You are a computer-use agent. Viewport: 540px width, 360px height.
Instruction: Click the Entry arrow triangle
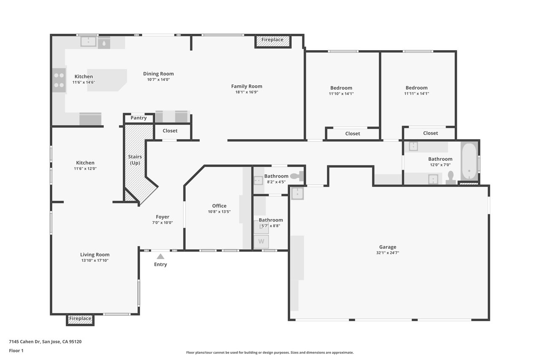(160, 256)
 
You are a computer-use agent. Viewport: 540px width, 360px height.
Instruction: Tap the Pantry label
(139, 118)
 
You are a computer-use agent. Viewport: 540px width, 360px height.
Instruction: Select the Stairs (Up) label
(135, 160)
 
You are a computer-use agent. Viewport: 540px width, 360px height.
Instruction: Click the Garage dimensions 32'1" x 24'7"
(388, 253)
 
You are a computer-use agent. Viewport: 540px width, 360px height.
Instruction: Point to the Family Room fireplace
(273, 41)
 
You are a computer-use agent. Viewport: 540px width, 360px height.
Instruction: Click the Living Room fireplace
(80, 320)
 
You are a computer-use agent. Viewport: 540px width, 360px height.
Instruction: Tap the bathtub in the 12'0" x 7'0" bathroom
(469, 161)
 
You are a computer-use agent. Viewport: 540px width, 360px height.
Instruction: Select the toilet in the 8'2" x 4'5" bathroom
(297, 176)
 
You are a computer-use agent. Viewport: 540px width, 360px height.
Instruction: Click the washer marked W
(261, 241)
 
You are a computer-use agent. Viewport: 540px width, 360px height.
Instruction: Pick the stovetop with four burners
(59, 80)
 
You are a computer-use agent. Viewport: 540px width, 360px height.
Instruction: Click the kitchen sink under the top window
(88, 42)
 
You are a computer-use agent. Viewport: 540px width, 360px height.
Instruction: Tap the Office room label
(219, 206)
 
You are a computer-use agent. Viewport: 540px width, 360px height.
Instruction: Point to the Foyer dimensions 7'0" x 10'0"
(162, 222)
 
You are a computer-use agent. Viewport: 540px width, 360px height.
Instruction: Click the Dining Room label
(158, 74)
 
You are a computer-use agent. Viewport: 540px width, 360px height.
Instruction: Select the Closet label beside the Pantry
(170, 131)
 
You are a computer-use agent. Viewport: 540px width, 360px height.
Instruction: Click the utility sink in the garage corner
(297, 193)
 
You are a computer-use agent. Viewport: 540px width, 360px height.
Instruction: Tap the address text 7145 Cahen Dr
(24, 341)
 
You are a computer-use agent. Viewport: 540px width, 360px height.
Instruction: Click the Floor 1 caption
(16, 351)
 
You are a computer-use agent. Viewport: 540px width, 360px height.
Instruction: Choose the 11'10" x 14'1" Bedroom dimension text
(341, 94)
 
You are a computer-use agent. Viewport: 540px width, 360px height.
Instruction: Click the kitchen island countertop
(107, 80)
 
